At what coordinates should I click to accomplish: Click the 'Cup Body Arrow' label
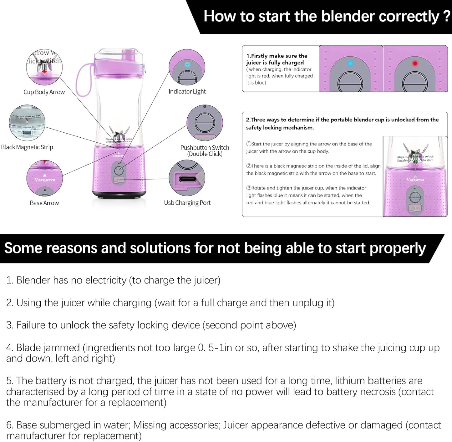(44, 92)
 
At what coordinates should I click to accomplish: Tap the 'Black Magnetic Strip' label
(27, 147)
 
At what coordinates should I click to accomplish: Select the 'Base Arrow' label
(44, 203)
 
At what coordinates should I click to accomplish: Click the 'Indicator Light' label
(187, 91)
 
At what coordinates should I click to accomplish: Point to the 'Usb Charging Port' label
(187, 203)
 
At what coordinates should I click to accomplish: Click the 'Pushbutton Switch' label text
(205, 148)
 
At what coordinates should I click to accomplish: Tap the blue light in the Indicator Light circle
(187, 64)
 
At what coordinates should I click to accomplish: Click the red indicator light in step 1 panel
(415, 64)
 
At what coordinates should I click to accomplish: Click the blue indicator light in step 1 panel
(350, 64)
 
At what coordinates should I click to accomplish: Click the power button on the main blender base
(119, 170)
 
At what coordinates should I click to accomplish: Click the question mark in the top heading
(447, 16)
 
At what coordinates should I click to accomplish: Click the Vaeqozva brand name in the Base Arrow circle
(45, 180)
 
